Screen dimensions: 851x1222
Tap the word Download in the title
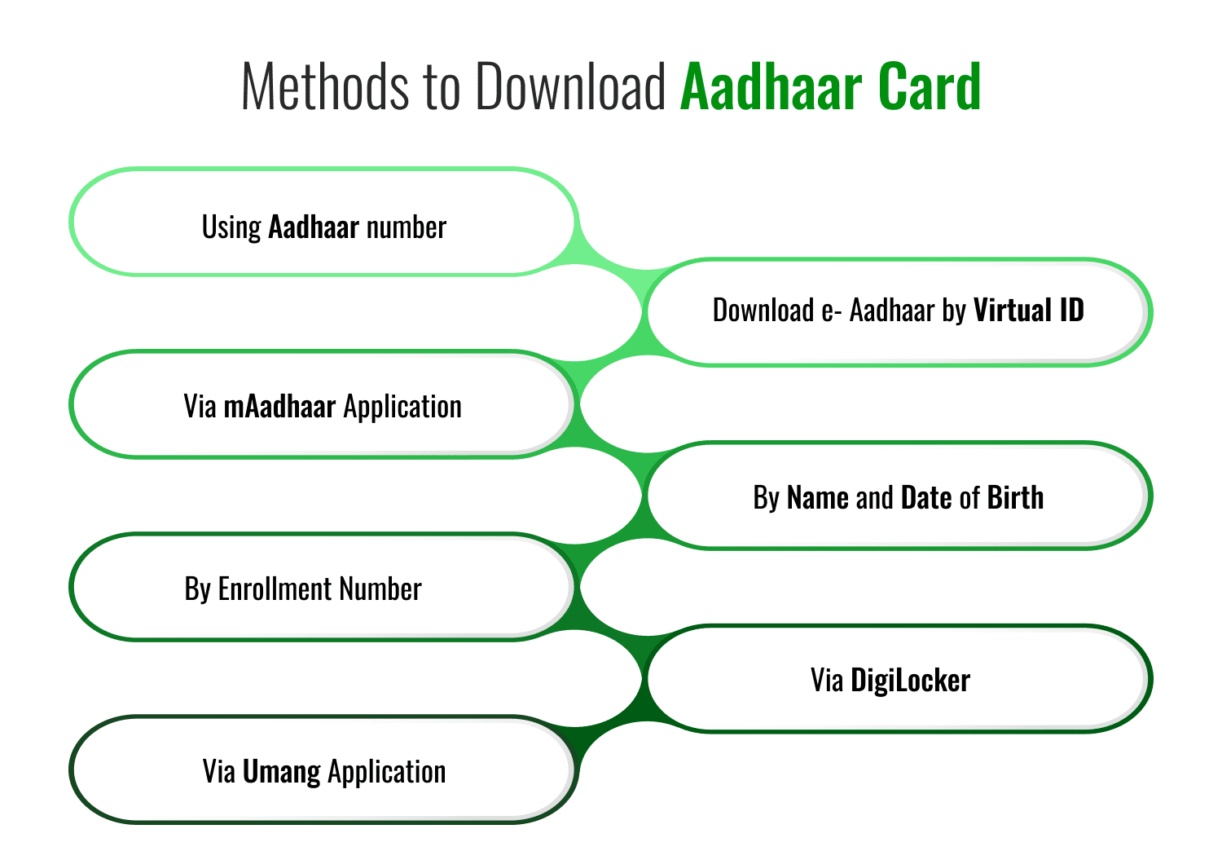(x=571, y=86)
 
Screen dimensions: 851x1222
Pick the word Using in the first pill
(x=231, y=227)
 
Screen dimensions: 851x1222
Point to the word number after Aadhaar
(x=406, y=227)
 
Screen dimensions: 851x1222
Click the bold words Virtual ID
(x=1029, y=311)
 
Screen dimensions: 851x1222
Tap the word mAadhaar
(x=279, y=406)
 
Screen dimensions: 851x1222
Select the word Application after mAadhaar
(x=402, y=407)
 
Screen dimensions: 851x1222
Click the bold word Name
(x=818, y=497)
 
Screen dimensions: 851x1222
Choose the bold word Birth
(x=1015, y=497)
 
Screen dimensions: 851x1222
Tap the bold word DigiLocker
(x=910, y=680)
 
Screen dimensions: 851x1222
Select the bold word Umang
(x=281, y=772)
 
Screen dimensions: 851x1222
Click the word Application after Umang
(x=387, y=772)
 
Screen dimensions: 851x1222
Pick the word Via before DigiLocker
(x=826, y=680)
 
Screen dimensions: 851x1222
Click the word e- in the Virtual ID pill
(x=832, y=311)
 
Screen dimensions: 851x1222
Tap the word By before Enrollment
(x=198, y=589)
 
